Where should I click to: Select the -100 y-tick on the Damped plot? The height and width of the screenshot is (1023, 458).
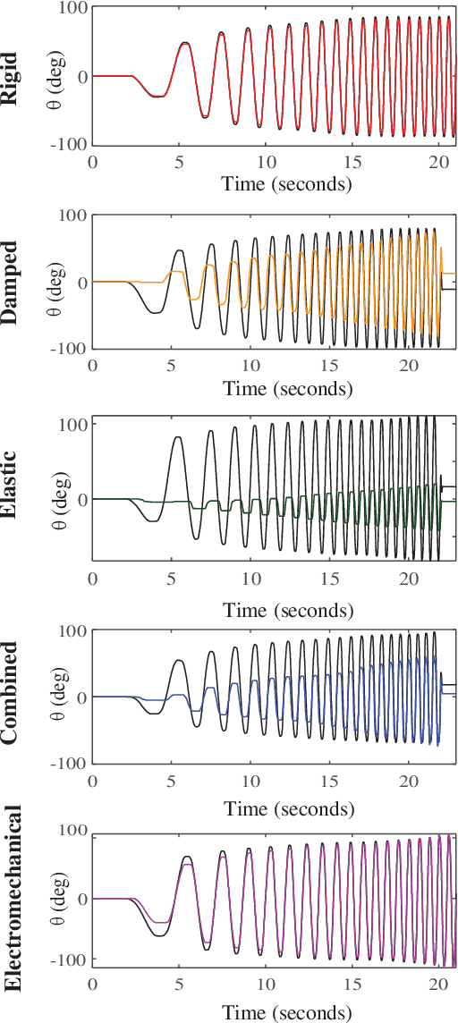pos(70,348)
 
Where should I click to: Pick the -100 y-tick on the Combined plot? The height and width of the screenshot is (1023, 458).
pos(70,763)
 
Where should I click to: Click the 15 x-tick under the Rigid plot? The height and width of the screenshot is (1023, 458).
pos(353,162)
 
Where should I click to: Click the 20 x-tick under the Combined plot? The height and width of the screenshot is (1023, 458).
pos(408,782)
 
